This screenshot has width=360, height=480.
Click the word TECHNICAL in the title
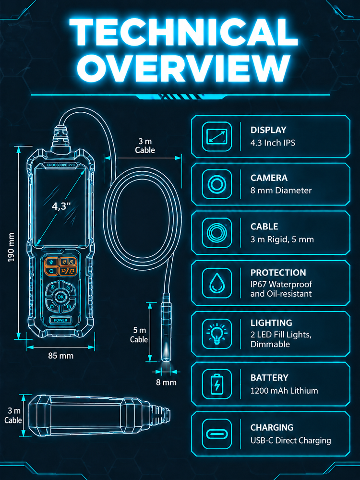pyautogui.click(x=183, y=32)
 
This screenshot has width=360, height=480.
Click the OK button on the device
pyautogui.click(x=60, y=297)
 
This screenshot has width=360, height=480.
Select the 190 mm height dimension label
pyautogui.click(x=12, y=247)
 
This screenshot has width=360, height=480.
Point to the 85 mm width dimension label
pyautogui.click(x=60, y=356)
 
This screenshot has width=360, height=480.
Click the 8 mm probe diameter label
pyautogui.click(x=166, y=383)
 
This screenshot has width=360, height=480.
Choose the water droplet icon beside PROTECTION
pyautogui.click(x=217, y=283)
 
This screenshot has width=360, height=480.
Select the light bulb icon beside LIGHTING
pyautogui.click(x=217, y=334)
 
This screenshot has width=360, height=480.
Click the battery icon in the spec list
pyautogui.click(x=217, y=384)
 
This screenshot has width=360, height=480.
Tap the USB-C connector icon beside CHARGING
pyautogui.click(x=217, y=434)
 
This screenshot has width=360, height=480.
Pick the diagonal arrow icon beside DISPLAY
pyautogui.click(x=217, y=136)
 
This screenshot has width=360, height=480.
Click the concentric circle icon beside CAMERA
pyautogui.click(x=217, y=184)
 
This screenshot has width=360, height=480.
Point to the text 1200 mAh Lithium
pyautogui.click(x=284, y=391)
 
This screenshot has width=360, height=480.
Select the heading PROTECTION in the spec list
pyautogui.click(x=278, y=273)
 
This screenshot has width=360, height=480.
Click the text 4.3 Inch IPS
pyautogui.click(x=273, y=143)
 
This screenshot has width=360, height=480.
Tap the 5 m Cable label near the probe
pyautogui.click(x=139, y=335)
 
